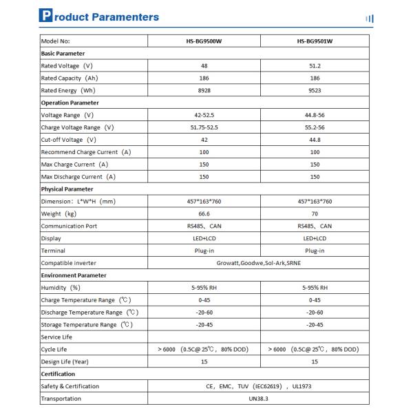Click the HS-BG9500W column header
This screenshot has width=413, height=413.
point(204,41)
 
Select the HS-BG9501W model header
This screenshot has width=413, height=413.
point(315,41)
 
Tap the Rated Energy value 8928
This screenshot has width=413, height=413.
point(204,90)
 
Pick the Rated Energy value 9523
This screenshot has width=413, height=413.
point(315,90)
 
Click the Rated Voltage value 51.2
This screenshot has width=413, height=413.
point(315,65)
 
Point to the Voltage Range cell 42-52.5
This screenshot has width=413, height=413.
point(204,115)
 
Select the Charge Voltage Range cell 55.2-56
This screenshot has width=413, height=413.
point(315,127)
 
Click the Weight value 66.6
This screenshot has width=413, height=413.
point(204,213)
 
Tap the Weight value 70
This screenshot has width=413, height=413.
point(315,213)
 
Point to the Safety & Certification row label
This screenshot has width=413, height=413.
point(70,386)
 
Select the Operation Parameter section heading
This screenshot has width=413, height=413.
point(70,103)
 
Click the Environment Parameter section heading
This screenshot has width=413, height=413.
point(74,275)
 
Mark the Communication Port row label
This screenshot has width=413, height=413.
point(69,226)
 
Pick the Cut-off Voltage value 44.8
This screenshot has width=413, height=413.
point(315,140)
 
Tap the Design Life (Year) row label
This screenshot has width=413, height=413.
point(65,361)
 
